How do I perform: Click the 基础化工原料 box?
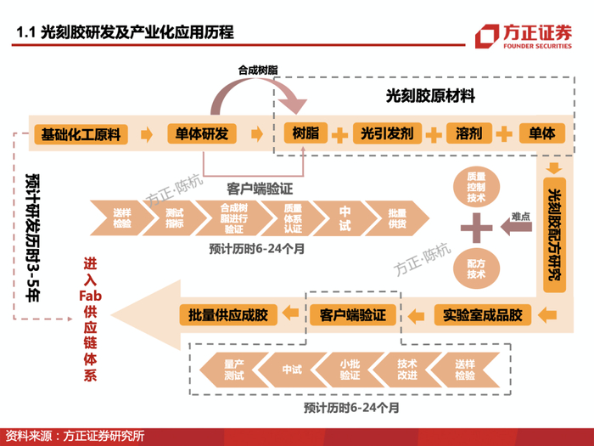point(81,133)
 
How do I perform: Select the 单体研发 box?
point(202,133)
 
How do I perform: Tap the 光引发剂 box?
point(386,133)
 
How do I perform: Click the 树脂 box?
point(305,133)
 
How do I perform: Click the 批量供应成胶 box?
point(228,315)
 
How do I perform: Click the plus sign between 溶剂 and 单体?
point(505,133)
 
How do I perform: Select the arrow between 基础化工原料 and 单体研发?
point(147,133)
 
